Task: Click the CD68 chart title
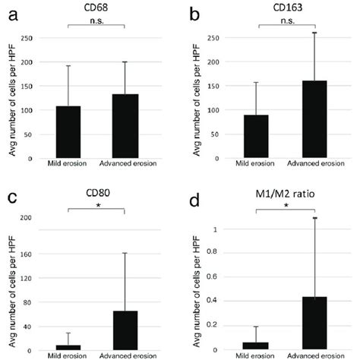click(x=96, y=11)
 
